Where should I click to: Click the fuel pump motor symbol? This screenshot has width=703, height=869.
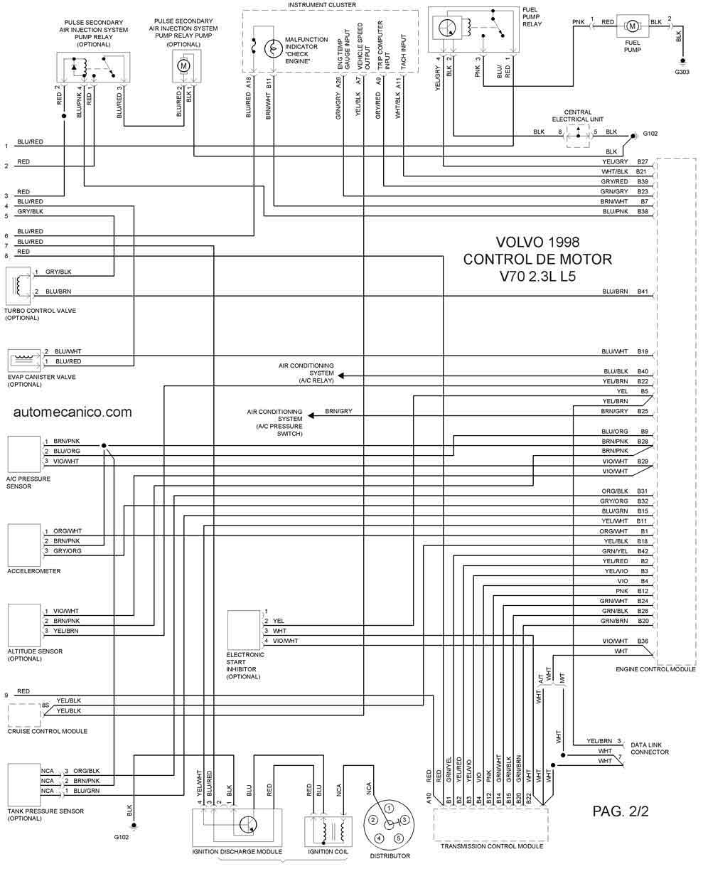(630, 26)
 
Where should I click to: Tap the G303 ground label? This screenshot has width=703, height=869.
(682, 72)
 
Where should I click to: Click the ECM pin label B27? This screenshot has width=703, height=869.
(643, 162)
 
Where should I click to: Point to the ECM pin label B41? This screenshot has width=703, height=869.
(643, 292)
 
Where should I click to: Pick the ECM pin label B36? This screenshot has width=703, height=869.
(643, 641)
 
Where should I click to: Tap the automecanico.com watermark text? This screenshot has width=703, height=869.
(72, 412)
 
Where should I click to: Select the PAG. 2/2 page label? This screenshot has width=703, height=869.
(620, 810)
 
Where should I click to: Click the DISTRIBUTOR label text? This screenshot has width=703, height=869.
(390, 855)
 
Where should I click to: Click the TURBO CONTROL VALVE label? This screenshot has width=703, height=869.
(40, 311)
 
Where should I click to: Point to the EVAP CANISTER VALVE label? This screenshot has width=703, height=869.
(41, 377)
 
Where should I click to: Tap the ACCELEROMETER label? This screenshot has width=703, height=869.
(34, 571)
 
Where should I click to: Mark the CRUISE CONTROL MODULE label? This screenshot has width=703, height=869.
(48, 731)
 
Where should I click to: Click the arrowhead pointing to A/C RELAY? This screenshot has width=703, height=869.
(340, 375)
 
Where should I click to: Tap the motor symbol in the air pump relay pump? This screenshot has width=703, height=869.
(183, 65)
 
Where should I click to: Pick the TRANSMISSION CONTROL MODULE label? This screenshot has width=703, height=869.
(492, 846)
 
